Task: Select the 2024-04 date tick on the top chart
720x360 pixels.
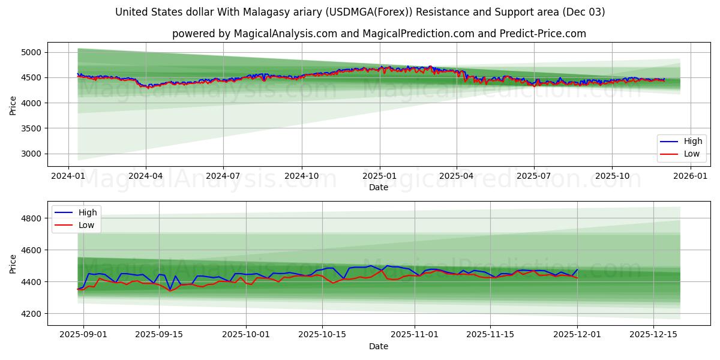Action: [146, 176]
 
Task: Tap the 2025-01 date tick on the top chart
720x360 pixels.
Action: [379, 176]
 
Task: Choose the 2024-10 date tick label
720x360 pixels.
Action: [301, 176]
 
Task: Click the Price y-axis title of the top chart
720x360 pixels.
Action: [13, 105]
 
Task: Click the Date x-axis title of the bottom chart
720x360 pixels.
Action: [379, 346]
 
